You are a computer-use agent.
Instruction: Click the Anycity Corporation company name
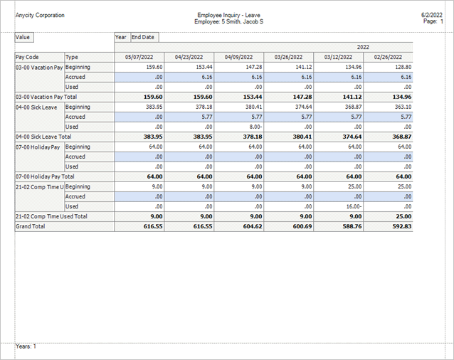point(40,14)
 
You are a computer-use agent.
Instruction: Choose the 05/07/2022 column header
point(139,57)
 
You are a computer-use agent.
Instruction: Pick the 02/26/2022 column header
point(389,57)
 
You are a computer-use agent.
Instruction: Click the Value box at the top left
point(23,37)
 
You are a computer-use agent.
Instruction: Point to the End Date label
point(144,37)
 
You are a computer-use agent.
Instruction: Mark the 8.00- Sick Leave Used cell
point(253,127)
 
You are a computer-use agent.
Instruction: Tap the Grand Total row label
point(30,226)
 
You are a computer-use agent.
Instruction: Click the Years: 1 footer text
point(26,346)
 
